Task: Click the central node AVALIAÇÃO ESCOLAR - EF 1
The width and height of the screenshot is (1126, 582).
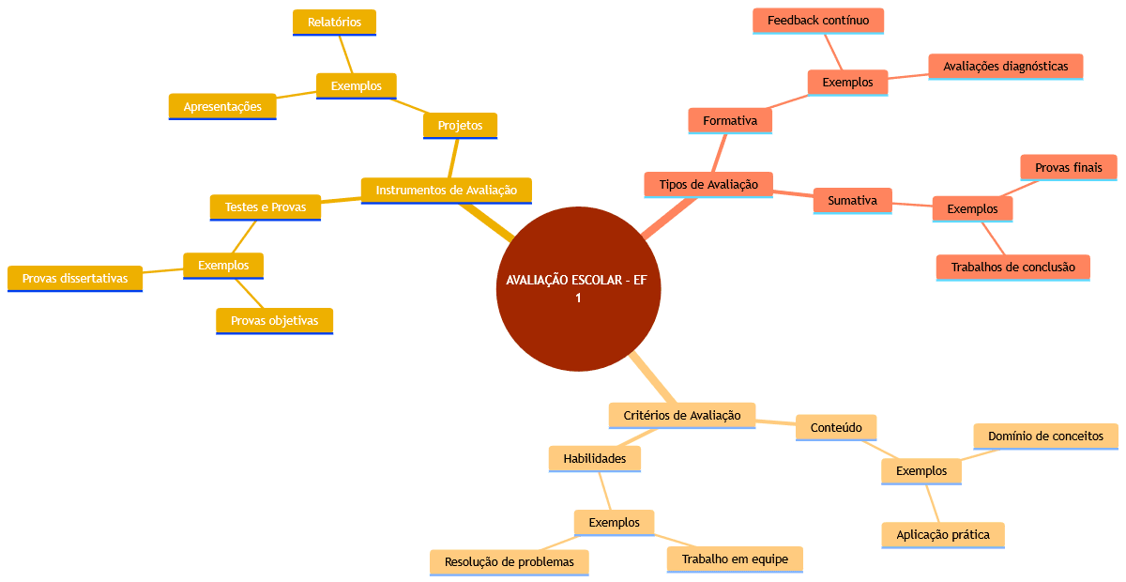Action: (578, 289)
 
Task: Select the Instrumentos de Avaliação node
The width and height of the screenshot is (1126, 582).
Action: (446, 190)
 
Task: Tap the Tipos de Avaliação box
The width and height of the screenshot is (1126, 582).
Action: (708, 184)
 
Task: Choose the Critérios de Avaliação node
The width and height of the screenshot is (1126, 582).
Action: (682, 415)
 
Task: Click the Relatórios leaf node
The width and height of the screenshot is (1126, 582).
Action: (334, 22)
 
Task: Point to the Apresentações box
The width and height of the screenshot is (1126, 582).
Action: (222, 106)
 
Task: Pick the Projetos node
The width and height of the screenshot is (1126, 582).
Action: (460, 125)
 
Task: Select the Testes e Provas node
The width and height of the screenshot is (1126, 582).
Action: (266, 207)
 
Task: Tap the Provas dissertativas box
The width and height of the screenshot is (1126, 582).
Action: (75, 278)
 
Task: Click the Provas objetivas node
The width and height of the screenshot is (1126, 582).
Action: (274, 320)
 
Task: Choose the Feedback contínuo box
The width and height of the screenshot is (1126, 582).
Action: (818, 20)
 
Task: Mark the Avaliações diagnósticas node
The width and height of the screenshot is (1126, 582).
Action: (1005, 66)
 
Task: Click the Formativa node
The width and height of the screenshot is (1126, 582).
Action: (730, 120)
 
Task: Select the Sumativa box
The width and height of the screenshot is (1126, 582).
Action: (852, 200)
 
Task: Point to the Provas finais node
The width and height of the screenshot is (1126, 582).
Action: (1068, 167)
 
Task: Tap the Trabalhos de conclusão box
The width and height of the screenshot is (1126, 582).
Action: (1012, 267)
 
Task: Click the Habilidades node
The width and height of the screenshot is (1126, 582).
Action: (594, 458)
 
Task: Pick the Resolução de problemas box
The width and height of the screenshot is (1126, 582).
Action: (509, 561)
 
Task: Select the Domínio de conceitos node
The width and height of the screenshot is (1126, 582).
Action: (1045, 436)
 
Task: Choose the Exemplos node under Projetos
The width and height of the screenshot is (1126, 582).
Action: (357, 85)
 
